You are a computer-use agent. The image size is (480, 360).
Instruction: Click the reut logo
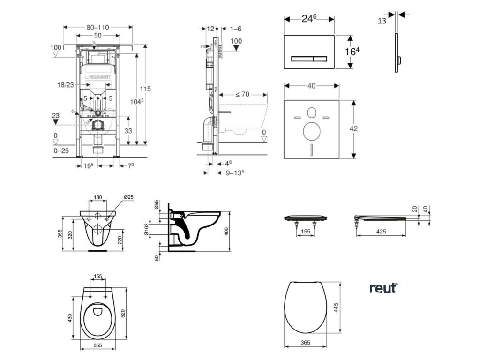pos(382,287)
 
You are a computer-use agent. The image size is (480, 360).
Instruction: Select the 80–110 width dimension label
pos(97,28)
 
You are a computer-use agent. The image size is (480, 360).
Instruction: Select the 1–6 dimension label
pos(236,29)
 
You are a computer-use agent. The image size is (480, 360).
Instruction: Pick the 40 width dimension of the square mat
pos(311,86)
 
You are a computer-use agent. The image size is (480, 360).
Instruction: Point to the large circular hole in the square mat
pos(310,131)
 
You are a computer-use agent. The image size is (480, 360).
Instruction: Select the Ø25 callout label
pos(128,197)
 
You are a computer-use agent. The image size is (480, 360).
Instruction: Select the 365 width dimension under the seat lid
pos(305,343)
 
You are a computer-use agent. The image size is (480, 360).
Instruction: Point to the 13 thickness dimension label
pos(382,21)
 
